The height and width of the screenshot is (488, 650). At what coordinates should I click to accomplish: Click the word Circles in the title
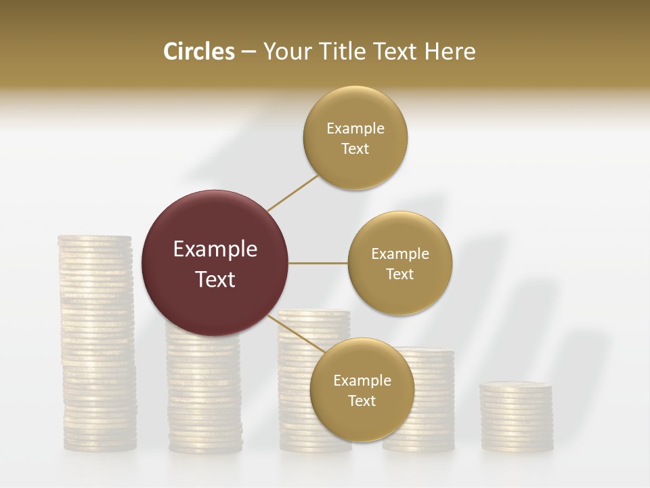coord(199,52)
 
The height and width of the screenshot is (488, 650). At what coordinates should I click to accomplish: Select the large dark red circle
coord(215,263)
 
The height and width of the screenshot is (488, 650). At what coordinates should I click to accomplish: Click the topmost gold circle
coord(355,138)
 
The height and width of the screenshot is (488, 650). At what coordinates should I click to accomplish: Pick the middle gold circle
coord(399,264)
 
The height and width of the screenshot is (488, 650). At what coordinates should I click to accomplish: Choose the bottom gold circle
coord(362,390)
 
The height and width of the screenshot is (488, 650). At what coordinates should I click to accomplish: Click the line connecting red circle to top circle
coord(293,192)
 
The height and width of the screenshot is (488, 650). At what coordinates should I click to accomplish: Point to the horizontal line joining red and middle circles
coord(318,263)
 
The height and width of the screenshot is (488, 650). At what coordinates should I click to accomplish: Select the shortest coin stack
coord(517,417)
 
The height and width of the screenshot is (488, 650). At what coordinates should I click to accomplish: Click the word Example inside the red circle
coord(215,249)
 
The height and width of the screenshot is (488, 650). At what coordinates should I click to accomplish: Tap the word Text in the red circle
coord(215,279)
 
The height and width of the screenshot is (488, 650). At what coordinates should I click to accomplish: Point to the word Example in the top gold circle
coord(355,129)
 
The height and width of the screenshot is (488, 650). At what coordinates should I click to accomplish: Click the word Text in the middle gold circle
coord(399,274)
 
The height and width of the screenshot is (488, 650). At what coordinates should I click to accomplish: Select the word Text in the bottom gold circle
coord(362,401)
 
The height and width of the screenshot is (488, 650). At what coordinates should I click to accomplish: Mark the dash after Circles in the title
coord(248,52)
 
